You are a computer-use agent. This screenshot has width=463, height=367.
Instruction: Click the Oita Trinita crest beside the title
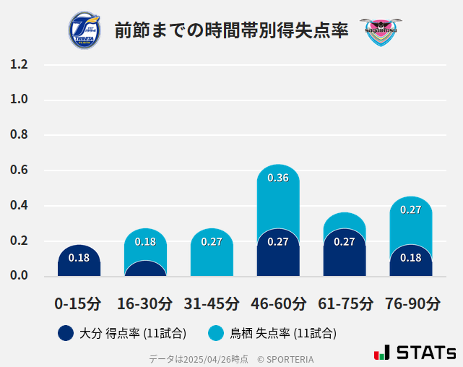click(x=85, y=30)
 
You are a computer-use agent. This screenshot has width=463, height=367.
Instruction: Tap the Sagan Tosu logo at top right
click(x=380, y=30)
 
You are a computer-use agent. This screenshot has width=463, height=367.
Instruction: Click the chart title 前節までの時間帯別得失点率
click(x=231, y=30)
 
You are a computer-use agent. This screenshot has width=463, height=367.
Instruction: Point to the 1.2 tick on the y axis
click(x=20, y=65)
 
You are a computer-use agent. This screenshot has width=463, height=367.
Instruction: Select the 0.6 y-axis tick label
click(x=20, y=170)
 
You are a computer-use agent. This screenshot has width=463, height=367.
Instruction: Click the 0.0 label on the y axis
click(x=20, y=276)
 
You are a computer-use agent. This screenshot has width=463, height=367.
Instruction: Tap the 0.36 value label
click(x=278, y=178)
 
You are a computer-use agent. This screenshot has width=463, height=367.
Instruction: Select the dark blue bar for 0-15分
click(x=79, y=261)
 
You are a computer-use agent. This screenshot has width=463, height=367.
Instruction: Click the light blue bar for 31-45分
click(x=212, y=253)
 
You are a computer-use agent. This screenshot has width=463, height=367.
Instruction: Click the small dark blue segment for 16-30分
click(x=145, y=269)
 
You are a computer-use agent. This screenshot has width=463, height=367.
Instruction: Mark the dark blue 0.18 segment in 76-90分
click(x=410, y=261)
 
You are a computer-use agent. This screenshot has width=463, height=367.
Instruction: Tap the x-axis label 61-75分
click(x=345, y=303)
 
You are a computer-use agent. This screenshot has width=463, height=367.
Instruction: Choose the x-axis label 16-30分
click(x=145, y=303)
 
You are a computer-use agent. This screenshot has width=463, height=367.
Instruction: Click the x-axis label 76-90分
click(x=411, y=303)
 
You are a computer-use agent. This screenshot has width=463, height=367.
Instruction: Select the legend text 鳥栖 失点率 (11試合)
click(x=283, y=333)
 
